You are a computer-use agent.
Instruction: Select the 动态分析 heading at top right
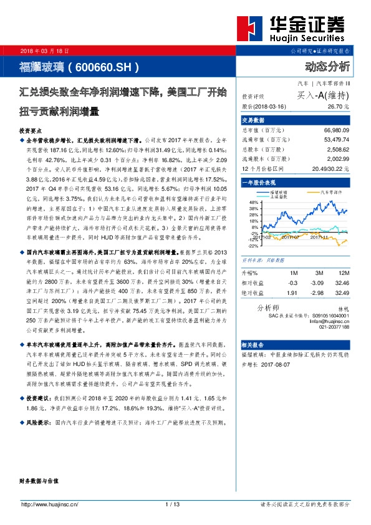tap(328, 66)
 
